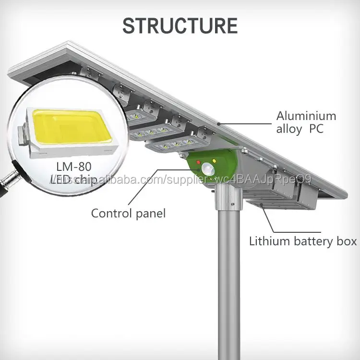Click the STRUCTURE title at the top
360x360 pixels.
(x=180, y=25)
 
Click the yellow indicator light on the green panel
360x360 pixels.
(x=212, y=161)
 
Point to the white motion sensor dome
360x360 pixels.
(x=208, y=169)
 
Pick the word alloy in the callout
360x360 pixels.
(x=289, y=129)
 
